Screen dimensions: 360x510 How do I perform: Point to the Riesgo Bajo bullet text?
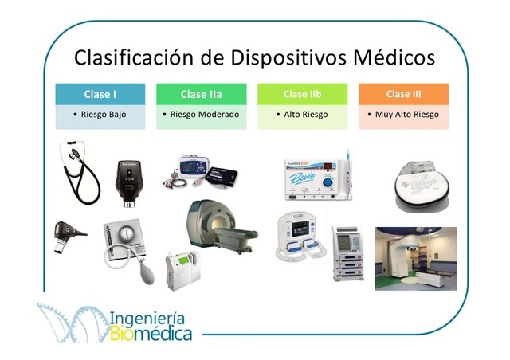100,115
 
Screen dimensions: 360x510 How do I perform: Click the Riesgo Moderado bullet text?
202,115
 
